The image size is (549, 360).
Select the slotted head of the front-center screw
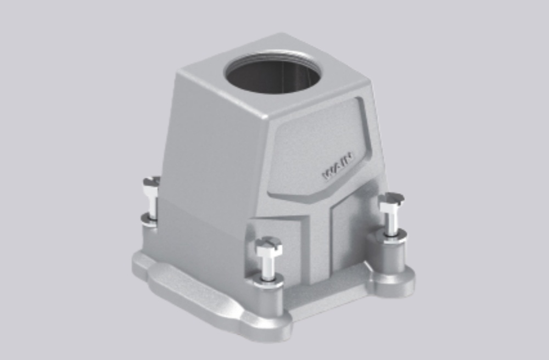click(269, 245)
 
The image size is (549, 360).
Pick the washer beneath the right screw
click(392, 235)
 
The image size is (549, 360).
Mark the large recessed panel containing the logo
click(318, 148)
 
